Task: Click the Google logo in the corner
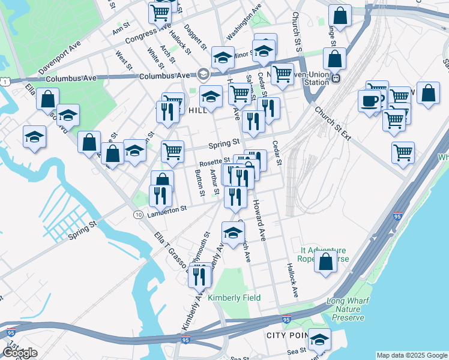[x=20, y=353]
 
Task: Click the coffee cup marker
[x=369, y=100]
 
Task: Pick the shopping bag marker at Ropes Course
[x=325, y=262]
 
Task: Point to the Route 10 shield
[x=138, y=214]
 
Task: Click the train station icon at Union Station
[x=337, y=77]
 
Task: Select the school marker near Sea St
[x=319, y=340]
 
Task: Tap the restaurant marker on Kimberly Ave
[x=200, y=274]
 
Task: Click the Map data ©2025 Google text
[x=411, y=355]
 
